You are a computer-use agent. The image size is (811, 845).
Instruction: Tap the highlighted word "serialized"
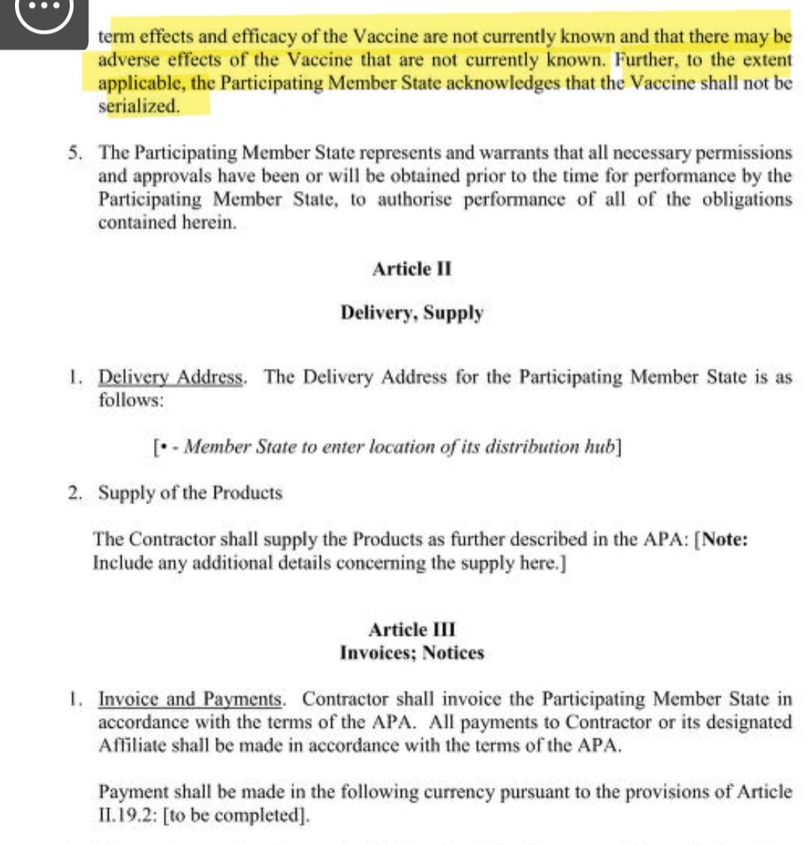click(139, 106)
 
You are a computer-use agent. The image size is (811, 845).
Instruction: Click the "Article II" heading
click(412, 269)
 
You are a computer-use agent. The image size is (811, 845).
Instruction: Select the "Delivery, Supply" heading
click(412, 312)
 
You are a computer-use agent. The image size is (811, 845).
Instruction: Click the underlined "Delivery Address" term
click(171, 377)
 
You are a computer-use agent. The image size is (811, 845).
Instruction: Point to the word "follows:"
click(131, 400)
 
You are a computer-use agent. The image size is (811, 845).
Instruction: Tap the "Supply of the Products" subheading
click(191, 493)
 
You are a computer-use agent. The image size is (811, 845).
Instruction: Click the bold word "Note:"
click(725, 539)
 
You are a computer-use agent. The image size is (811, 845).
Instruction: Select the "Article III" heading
click(412, 629)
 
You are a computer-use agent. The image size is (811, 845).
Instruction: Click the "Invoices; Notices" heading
click(412, 653)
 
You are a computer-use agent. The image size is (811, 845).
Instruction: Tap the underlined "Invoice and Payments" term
click(190, 699)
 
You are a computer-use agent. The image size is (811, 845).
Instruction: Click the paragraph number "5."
click(75, 152)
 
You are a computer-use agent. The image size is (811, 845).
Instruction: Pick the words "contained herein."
click(167, 223)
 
